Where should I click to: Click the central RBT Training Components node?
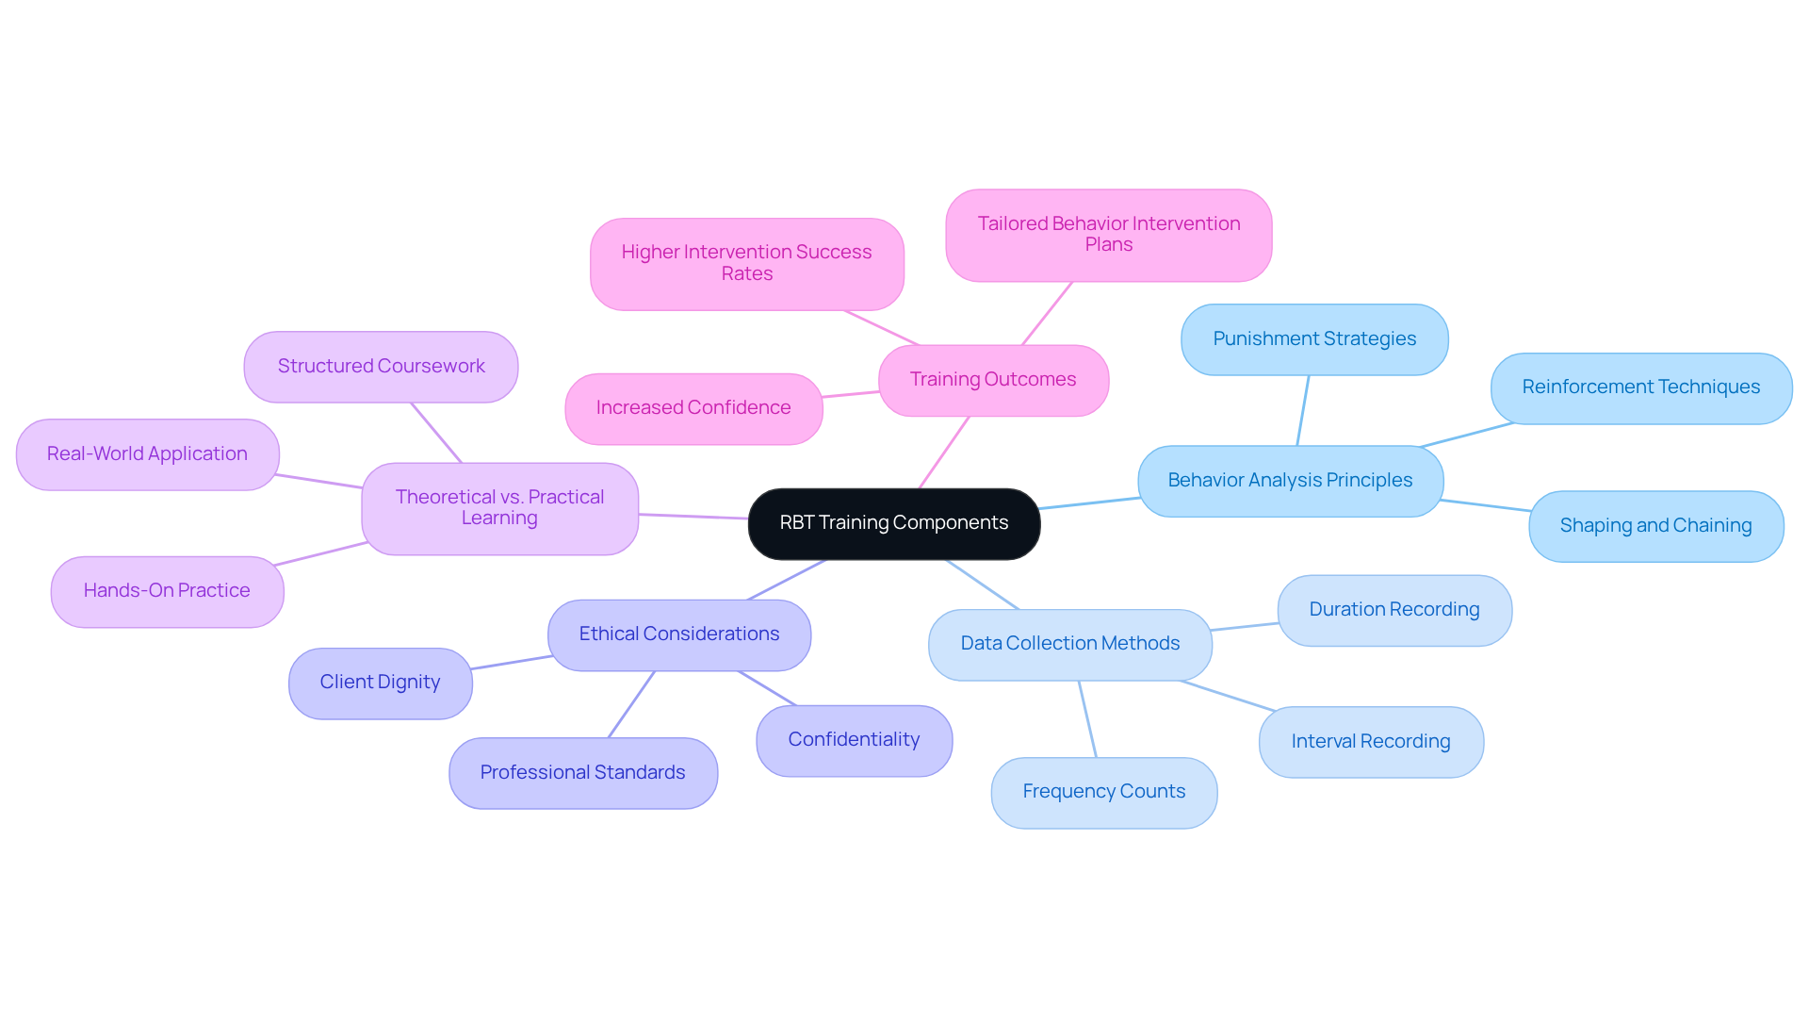[893, 523]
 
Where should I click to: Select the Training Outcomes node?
[993, 380]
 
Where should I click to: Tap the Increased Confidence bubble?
[693, 408]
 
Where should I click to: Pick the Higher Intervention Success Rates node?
[746, 264]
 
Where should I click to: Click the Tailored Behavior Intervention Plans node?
[1108, 235]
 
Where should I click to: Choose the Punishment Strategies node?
[1314, 339]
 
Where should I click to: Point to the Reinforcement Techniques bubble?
[1640, 387]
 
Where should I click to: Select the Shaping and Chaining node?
[1655, 526]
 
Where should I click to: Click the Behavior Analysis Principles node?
[1290, 481]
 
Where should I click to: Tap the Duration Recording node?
[1394, 610]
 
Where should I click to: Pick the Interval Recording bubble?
[1371, 742]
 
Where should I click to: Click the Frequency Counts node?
[1103, 792]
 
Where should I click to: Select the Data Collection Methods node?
[1069, 644]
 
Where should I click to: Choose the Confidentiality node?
[854, 740]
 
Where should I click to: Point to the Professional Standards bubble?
[582, 773]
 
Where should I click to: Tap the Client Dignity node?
[380, 683]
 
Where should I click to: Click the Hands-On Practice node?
[167, 591]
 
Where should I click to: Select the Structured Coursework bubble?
[381, 367]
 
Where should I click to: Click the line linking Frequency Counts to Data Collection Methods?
[1087, 718]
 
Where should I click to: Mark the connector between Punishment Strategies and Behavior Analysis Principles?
[1303, 410]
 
